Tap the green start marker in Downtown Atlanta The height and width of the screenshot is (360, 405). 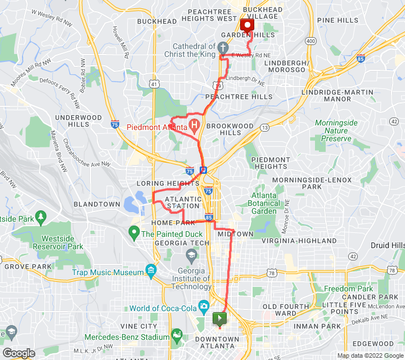pyautogui.click(x=219, y=319)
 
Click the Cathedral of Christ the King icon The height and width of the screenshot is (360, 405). pyautogui.click(x=223, y=47)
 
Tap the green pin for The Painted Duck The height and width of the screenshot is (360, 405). pyautogui.click(x=134, y=231)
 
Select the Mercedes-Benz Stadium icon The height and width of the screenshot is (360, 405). pyautogui.click(x=177, y=336)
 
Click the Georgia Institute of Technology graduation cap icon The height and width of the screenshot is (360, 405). pyautogui.click(x=191, y=256)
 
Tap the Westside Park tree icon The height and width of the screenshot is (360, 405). pyautogui.click(x=40, y=217)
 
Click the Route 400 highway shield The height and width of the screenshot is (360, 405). pyautogui.click(x=310, y=41)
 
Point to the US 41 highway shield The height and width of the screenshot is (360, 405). pyautogui.click(x=154, y=83)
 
